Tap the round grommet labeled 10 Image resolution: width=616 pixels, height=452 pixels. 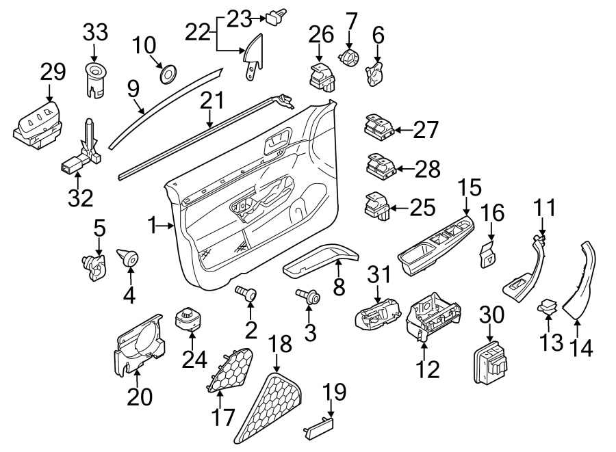(167, 72)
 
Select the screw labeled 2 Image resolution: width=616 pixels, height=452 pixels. (246, 294)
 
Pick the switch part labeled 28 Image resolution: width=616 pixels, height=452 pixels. (379, 165)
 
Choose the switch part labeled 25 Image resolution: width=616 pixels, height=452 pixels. (378, 204)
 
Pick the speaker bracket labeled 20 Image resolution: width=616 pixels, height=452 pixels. (140, 345)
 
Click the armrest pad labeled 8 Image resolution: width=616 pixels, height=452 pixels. (319, 261)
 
